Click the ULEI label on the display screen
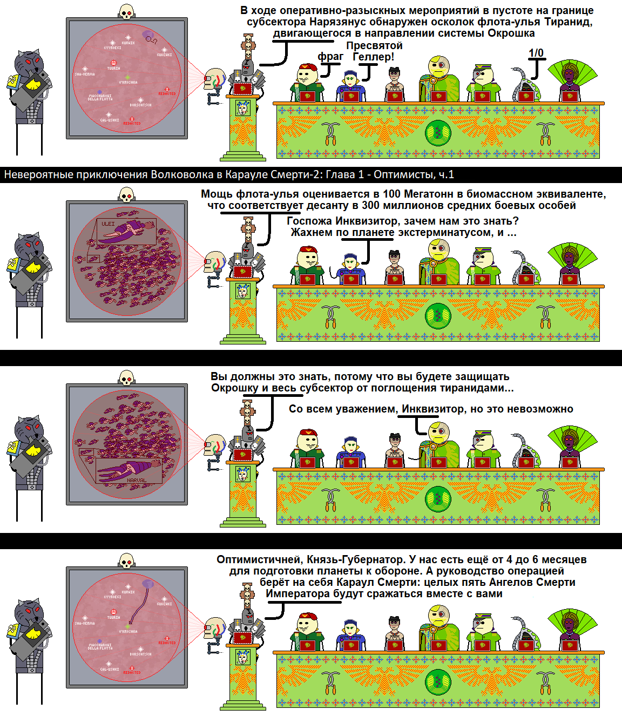(108, 224)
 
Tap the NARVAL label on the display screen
(137, 480)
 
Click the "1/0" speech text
(536, 53)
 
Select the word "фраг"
(330, 56)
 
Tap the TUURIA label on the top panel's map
(113, 69)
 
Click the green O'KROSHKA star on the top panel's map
(127, 77)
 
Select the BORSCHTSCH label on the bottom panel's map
(140, 654)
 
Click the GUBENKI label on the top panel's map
(164, 55)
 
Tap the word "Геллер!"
(373, 57)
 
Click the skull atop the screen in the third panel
(126, 377)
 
